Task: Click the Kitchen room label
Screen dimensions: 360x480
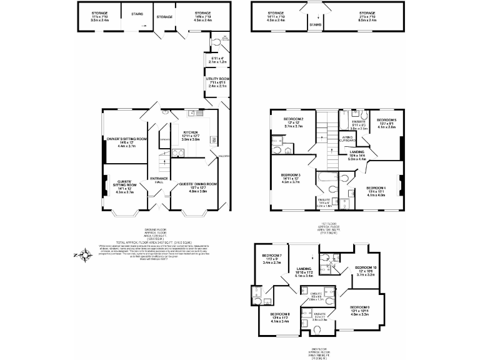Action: (x=192, y=132)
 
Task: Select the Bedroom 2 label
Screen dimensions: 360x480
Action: (x=293, y=119)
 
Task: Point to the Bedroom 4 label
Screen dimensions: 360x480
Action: (x=376, y=188)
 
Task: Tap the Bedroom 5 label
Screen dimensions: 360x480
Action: (x=386, y=120)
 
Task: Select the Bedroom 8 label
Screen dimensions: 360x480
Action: (x=280, y=314)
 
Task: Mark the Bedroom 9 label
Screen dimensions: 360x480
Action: (x=360, y=307)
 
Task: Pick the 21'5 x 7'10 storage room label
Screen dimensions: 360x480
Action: (x=367, y=12)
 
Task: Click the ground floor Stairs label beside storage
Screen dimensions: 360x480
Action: (x=136, y=12)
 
